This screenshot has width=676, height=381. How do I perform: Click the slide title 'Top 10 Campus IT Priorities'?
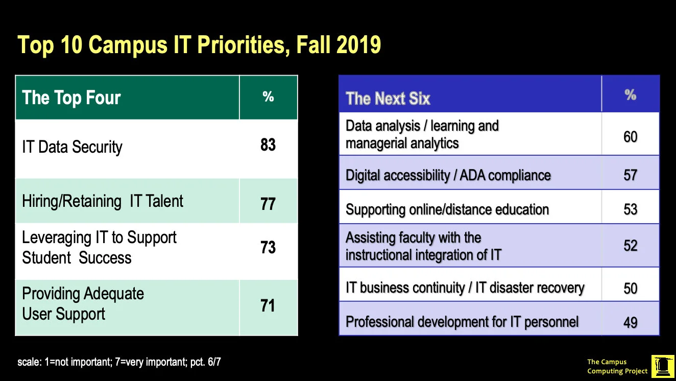pos(199,45)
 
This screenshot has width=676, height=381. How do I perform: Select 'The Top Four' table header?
pos(71,98)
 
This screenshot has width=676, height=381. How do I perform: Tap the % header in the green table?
pos(268,97)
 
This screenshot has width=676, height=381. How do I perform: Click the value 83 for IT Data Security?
pos(268,145)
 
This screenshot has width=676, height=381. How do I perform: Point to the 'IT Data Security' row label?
pos(72,147)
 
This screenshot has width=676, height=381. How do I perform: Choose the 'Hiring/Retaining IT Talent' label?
pos(103,201)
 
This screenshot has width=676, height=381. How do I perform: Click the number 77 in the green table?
pos(268,204)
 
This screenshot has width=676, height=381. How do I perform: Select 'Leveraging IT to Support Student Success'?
pos(99,247)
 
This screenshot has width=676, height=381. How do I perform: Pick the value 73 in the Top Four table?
pos(268,247)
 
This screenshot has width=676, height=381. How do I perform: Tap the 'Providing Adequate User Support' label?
pos(83,303)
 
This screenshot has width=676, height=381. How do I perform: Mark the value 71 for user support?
pos(268,306)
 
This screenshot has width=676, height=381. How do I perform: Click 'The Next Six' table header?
pos(388,99)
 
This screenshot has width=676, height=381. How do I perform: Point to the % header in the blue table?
pos(630,95)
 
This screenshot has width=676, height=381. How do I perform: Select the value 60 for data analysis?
pos(630,137)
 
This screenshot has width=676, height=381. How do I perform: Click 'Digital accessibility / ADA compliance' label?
pos(448,176)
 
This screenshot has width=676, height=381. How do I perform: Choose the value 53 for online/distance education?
pos(630,210)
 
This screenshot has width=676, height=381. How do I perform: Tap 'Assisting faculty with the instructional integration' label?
pos(423,246)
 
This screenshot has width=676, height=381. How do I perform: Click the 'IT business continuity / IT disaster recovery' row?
pos(465,288)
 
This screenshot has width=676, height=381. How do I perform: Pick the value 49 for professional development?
pos(630,323)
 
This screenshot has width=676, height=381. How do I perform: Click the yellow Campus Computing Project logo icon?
pos(662,366)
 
